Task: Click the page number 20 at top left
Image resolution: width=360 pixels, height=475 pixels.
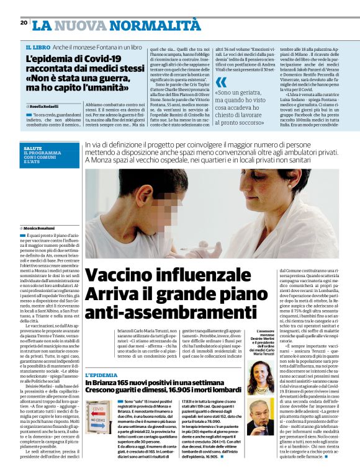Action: [x=24, y=22]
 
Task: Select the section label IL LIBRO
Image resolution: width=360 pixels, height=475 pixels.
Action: [x=38, y=48]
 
